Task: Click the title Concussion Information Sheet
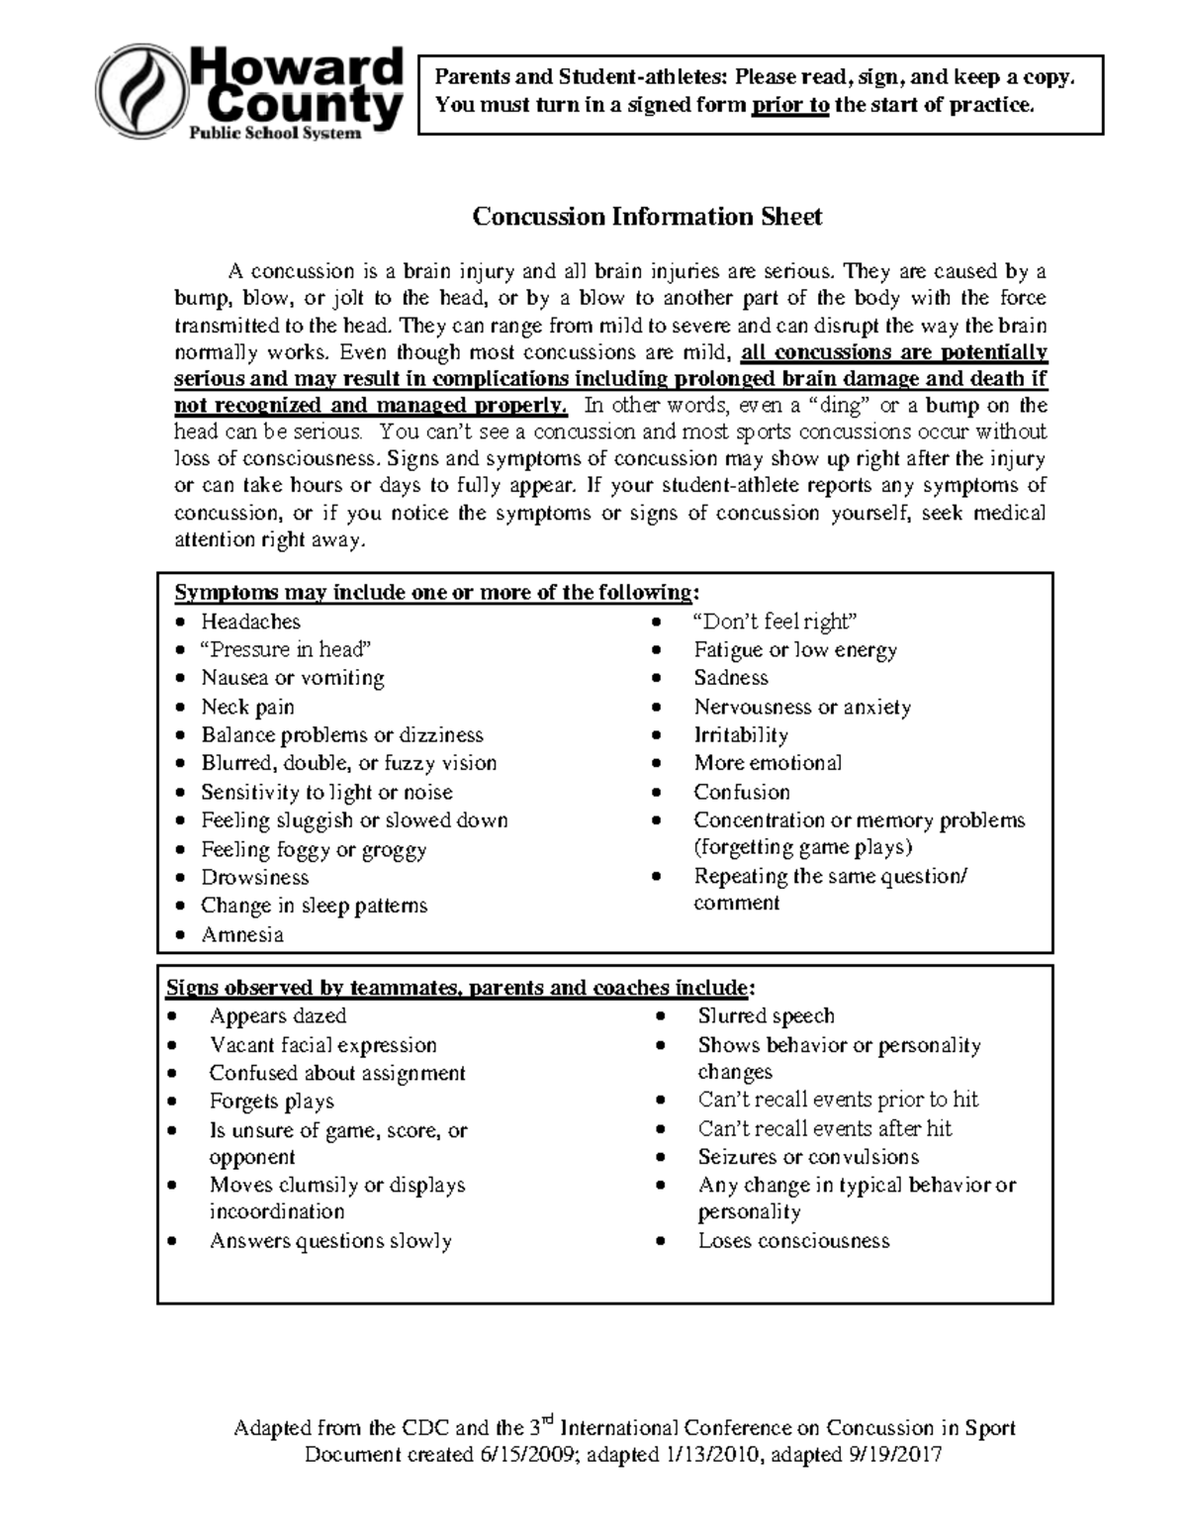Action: [x=647, y=217]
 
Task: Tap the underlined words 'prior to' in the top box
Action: [x=789, y=105]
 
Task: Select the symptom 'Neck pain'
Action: [x=247, y=707]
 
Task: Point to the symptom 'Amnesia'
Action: [x=242, y=934]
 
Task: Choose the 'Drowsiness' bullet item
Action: [x=254, y=877]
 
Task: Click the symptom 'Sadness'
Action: [x=730, y=678]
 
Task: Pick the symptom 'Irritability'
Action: [x=740, y=735]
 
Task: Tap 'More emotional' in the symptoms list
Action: [x=768, y=763]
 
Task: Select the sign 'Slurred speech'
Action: [x=766, y=1016]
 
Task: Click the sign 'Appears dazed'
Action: [x=277, y=1016]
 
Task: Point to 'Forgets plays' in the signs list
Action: [x=271, y=1102]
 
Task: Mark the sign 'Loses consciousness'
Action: [x=793, y=1241]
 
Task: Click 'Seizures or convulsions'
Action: [x=808, y=1157]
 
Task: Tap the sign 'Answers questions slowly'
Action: [x=330, y=1241]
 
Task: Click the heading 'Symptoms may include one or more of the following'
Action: [x=435, y=593]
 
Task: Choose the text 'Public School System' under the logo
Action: [x=275, y=133]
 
